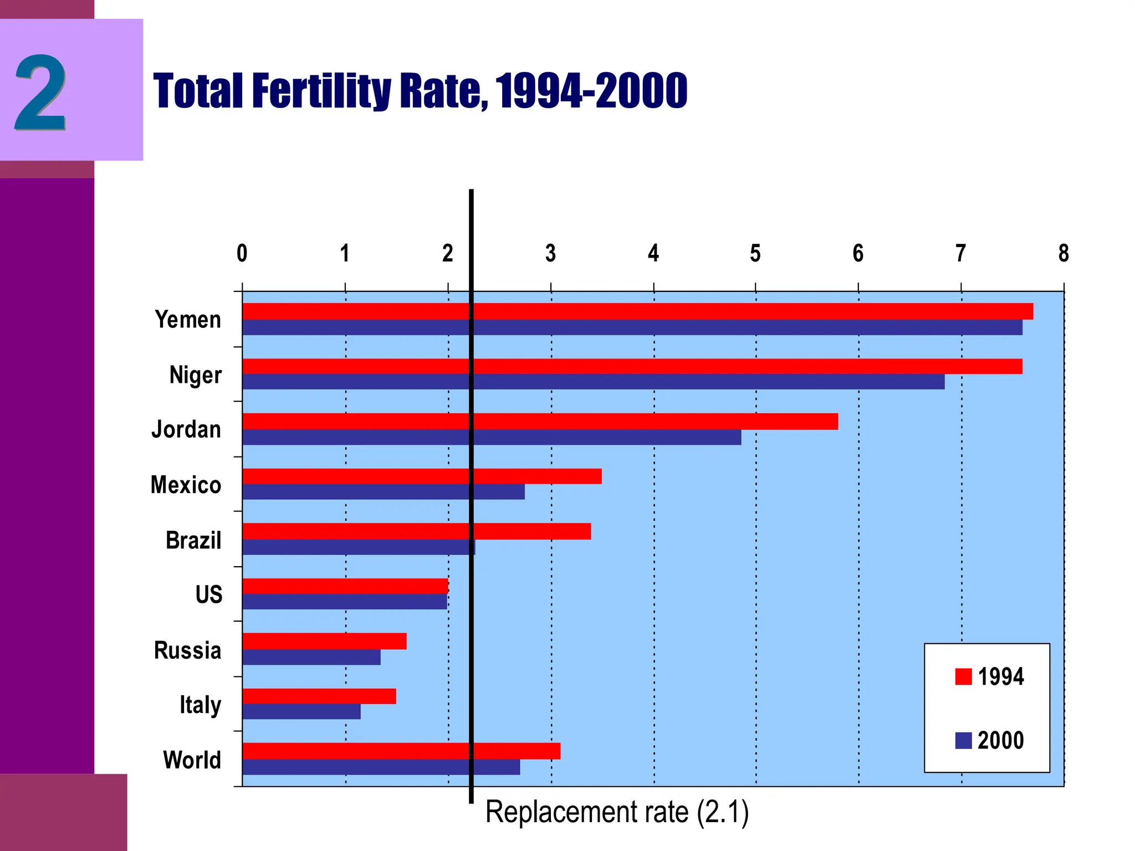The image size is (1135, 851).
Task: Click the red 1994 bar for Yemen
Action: point(637,311)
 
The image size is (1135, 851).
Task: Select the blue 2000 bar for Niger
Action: point(593,382)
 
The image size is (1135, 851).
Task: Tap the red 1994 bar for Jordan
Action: point(540,422)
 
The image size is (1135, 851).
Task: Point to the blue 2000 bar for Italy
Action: point(301,712)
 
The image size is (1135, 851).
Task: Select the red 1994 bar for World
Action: point(401,751)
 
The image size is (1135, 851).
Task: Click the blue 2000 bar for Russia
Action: point(311,657)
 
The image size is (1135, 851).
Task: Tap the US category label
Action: point(208,594)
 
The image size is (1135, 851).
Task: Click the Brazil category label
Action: point(193,540)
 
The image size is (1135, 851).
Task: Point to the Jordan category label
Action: point(186,429)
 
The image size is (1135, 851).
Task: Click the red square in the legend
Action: point(963,676)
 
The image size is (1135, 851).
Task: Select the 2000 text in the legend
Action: point(1000,741)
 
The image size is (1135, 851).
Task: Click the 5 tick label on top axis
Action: point(755,254)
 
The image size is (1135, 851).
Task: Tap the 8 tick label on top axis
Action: point(1063,254)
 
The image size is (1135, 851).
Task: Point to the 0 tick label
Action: point(242,254)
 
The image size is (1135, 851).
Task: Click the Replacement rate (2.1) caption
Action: point(617,812)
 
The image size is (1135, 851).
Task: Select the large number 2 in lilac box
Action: point(40,92)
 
